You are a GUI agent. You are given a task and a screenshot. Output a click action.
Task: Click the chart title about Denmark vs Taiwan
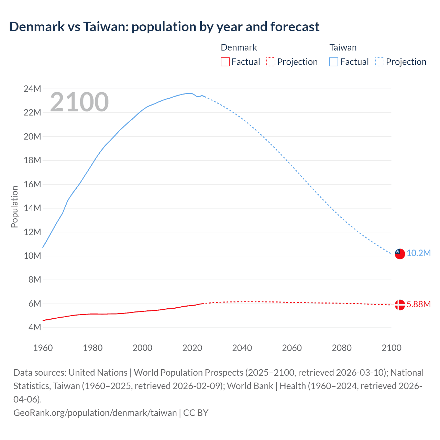pos(164,26)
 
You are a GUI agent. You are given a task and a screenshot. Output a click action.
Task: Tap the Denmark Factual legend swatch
pos(225,62)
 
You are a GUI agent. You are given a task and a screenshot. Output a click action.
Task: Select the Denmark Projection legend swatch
pos(271,62)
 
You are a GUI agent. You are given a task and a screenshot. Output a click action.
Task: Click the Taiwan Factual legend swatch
pos(333,62)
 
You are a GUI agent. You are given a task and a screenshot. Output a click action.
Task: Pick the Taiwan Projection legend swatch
pos(379,62)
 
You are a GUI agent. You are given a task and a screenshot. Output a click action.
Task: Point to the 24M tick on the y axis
pos(32,89)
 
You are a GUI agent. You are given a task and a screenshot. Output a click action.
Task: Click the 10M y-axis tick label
pos(32,256)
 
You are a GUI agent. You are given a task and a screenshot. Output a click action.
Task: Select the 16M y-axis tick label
pos(32,184)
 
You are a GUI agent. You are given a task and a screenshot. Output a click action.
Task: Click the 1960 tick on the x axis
pos(43,348)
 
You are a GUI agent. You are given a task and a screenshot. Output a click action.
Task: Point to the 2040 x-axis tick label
pos(242,348)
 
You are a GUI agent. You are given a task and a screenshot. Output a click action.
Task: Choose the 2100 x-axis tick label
pos(392,348)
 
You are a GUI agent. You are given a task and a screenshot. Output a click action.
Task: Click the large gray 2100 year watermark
pos(79,102)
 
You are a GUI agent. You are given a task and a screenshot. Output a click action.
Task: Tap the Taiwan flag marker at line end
pos(400,254)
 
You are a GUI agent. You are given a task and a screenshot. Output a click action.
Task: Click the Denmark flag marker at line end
pos(400,305)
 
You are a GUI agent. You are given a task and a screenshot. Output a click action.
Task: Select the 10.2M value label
pos(419,253)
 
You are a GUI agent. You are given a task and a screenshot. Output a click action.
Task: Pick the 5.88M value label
pos(419,305)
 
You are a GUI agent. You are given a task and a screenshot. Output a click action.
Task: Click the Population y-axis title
pos(14,207)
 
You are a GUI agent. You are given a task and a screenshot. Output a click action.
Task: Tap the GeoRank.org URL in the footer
pos(95,412)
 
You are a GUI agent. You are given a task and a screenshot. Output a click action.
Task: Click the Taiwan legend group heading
pos(343,47)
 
